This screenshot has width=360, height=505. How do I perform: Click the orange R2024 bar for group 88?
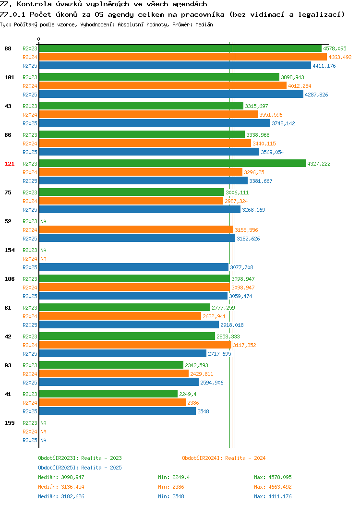coord(183,57)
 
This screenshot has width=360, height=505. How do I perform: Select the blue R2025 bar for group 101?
coord(171,95)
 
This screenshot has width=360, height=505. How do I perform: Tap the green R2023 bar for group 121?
coord(172,164)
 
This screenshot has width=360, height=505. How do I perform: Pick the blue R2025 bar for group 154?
coord(133,267)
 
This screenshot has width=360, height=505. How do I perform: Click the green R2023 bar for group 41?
coord(108,394)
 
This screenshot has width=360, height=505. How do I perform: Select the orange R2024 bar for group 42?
coord(135,345)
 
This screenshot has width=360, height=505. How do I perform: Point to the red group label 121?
coord(9,164)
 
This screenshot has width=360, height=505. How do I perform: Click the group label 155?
coord(9,423)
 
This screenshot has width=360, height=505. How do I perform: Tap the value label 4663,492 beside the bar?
coord(340,57)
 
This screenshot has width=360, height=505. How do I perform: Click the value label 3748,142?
coord(283,123)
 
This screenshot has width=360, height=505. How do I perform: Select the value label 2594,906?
coord(212,383)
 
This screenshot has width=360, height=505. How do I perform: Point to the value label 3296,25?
coord(254,172)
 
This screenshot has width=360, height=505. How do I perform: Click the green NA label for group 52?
coord(44,221)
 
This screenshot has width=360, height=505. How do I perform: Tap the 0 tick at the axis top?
coord(39,39)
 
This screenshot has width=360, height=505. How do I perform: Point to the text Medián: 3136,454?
coord(61,487)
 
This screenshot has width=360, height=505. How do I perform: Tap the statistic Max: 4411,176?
coord(273,497)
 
